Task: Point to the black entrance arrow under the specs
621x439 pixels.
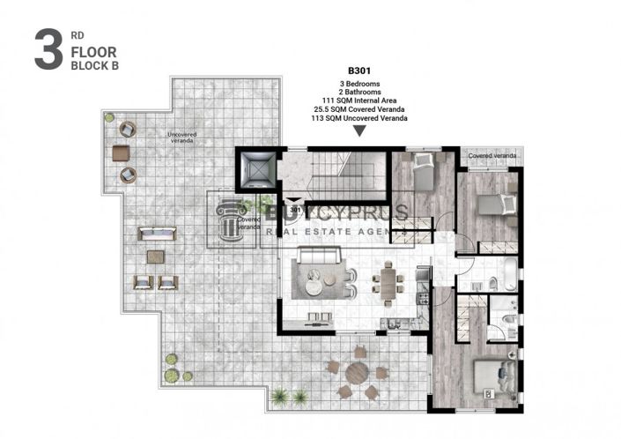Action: tap(359, 132)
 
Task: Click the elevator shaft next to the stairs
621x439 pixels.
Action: tap(257, 171)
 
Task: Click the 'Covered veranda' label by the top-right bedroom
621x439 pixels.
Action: tap(492, 156)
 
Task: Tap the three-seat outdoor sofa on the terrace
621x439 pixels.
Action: tap(155, 235)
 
